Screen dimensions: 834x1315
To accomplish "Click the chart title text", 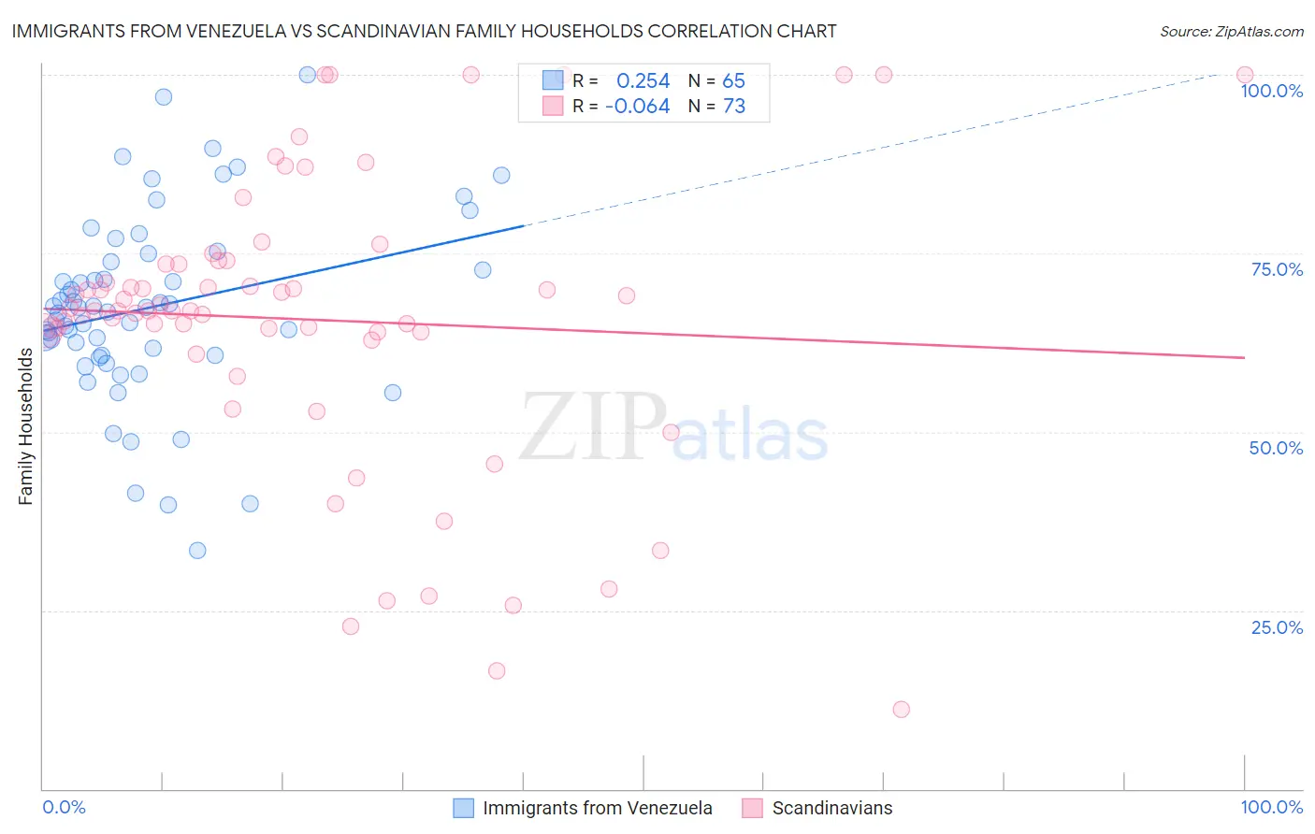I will pyautogui.click(x=424, y=31).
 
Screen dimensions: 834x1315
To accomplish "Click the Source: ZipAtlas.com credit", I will pyautogui.click(x=1231, y=31).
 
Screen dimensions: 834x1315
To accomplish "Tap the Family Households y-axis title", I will pyautogui.click(x=25, y=426).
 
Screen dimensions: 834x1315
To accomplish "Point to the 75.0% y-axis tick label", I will pyautogui.click(x=1277, y=269).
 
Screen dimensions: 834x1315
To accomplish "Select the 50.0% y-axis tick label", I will pyautogui.click(x=1276, y=448).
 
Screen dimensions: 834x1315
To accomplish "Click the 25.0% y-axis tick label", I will pyautogui.click(x=1277, y=627).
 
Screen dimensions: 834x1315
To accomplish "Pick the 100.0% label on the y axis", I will pyautogui.click(x=1271, y=91).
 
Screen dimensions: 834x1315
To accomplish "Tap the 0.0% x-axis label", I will pyautogui.click(x=64, y=807).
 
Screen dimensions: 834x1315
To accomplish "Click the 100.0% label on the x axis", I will pyautogui.click(x=1271, y=807).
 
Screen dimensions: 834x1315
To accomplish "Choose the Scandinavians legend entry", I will pyautogui.click(x=831, y=808).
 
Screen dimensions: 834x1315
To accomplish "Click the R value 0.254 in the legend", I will pyautogui.click(x=643, y=81).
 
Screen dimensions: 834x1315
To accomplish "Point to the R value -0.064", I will pyautogui.click(x=637, y=107).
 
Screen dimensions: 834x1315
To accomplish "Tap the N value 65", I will pyautogui.click(x=733, y=81).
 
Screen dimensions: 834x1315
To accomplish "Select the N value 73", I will pyautogui.click(x=734, y=107).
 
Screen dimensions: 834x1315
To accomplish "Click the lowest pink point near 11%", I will pyautogui.click(x=901, y=710).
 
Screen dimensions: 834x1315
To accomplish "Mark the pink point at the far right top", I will pyautogui.click(x=1245, y=75).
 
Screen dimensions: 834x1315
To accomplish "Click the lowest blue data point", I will pyautogui.click(x=197, y=551).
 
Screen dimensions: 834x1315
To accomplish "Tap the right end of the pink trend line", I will pyautogui.click(x=1245, y=357).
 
